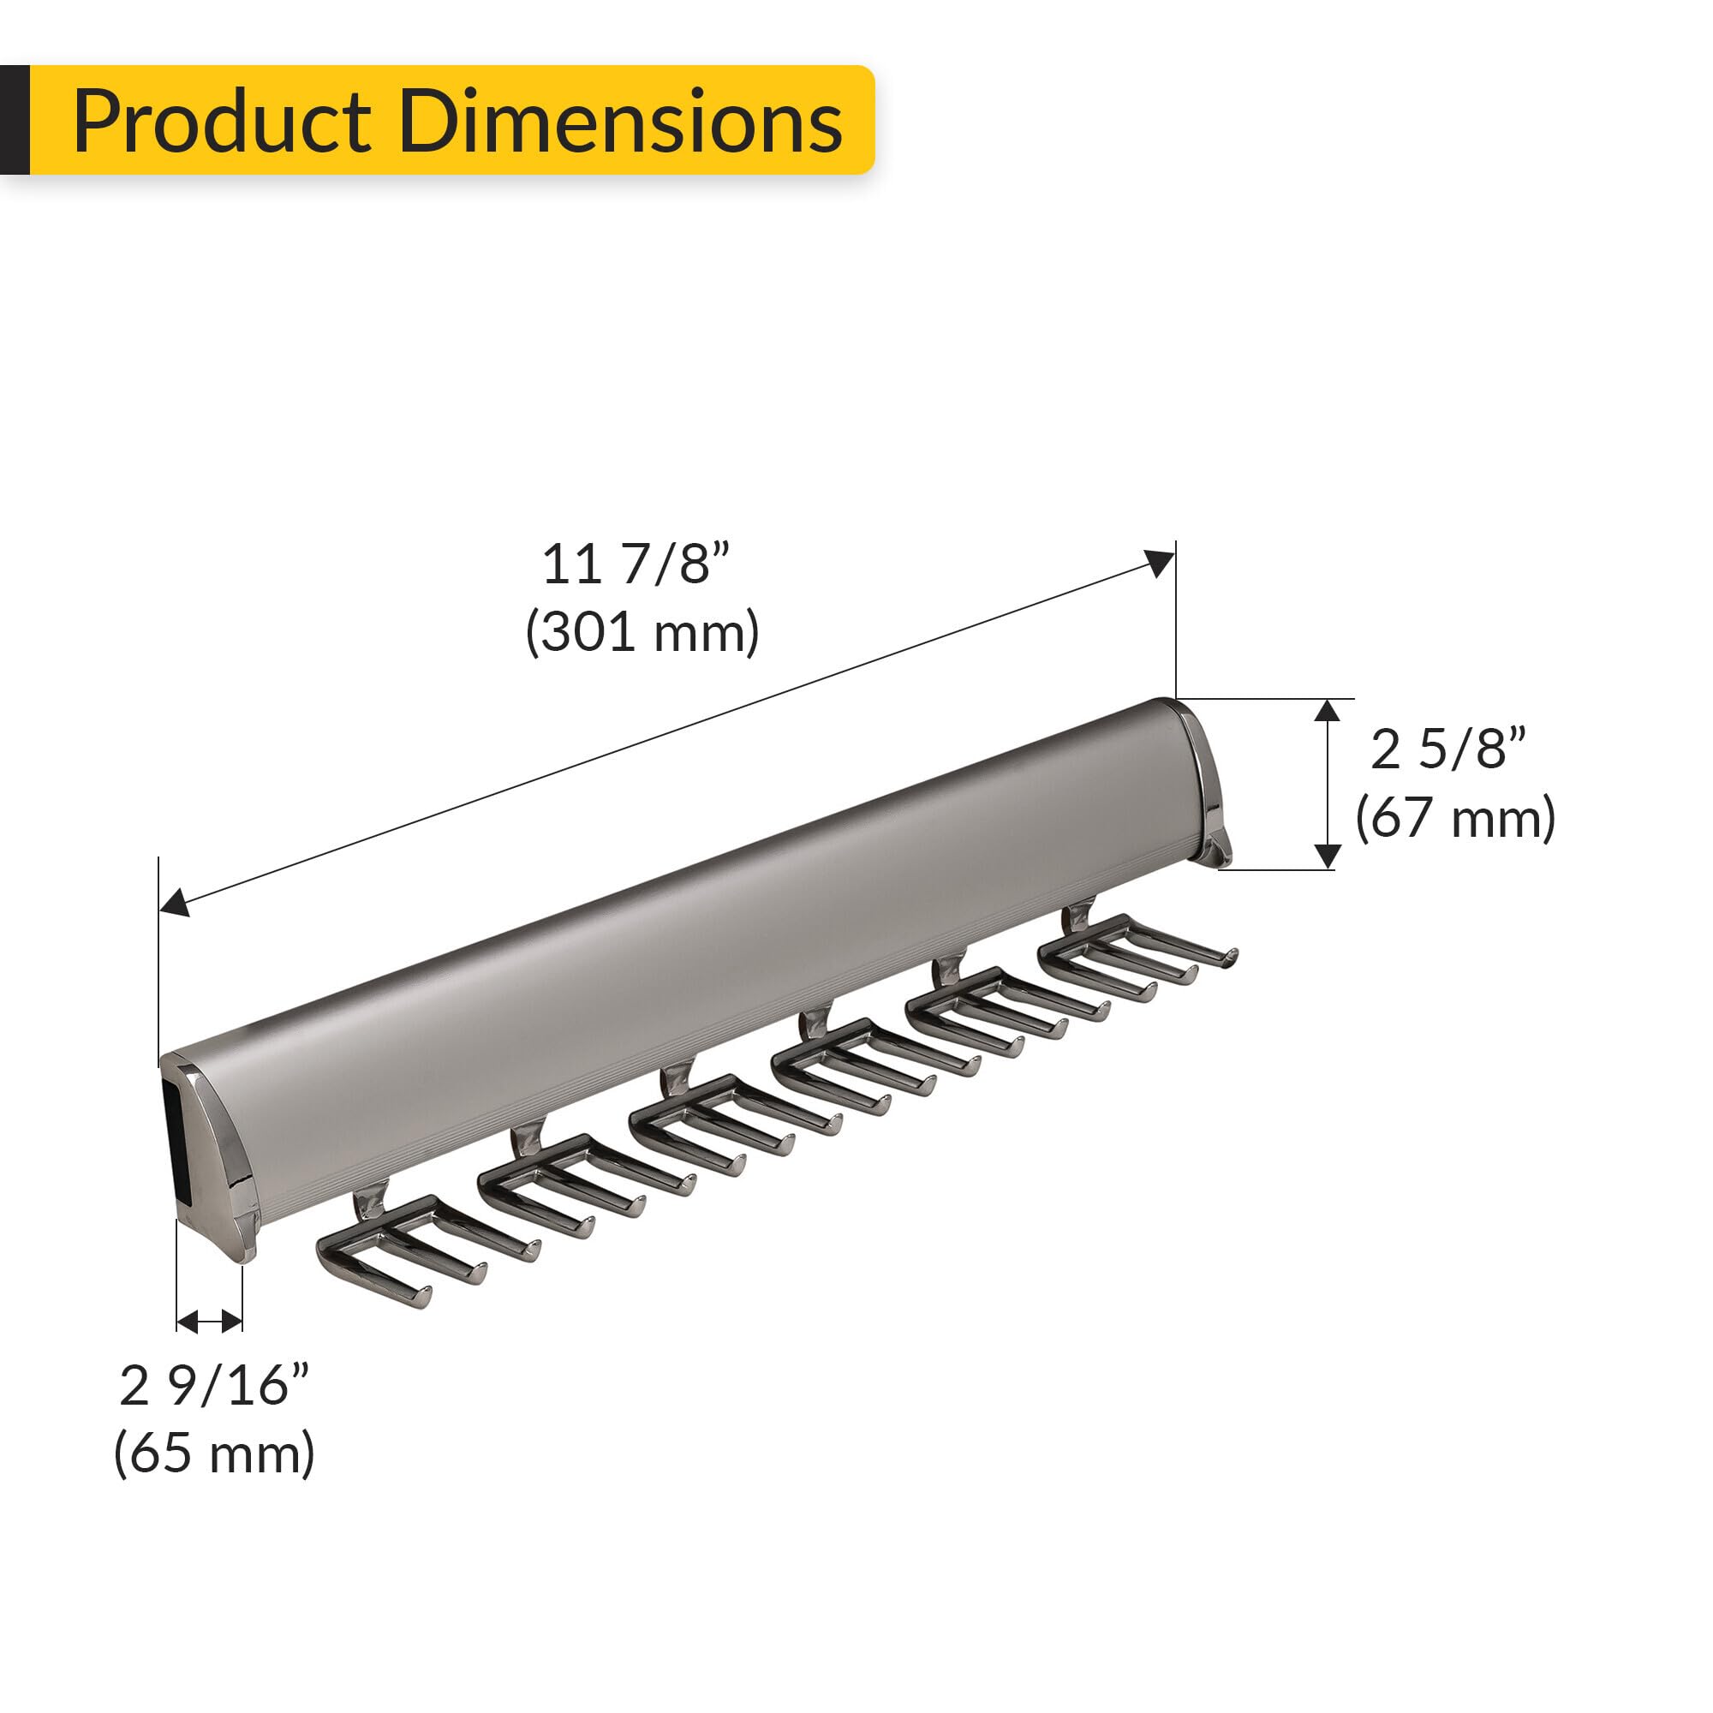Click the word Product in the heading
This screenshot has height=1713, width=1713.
(x=222, y=122)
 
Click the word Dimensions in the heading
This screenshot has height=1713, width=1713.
(x=620, y=122)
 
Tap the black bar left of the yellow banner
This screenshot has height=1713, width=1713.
(x=15, y=120)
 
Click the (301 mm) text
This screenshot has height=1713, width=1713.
(x=642, y=633)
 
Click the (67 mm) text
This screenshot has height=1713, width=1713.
(x=1455, y=817)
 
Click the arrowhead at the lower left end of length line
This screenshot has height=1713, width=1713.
(x=174, y=903)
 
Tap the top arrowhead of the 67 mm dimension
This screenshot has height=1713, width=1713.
(x=1328, y=710)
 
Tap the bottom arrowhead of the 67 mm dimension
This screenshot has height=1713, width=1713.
(x=1328, y=856)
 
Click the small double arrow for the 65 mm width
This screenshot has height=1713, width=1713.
(x=209, y=1323)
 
